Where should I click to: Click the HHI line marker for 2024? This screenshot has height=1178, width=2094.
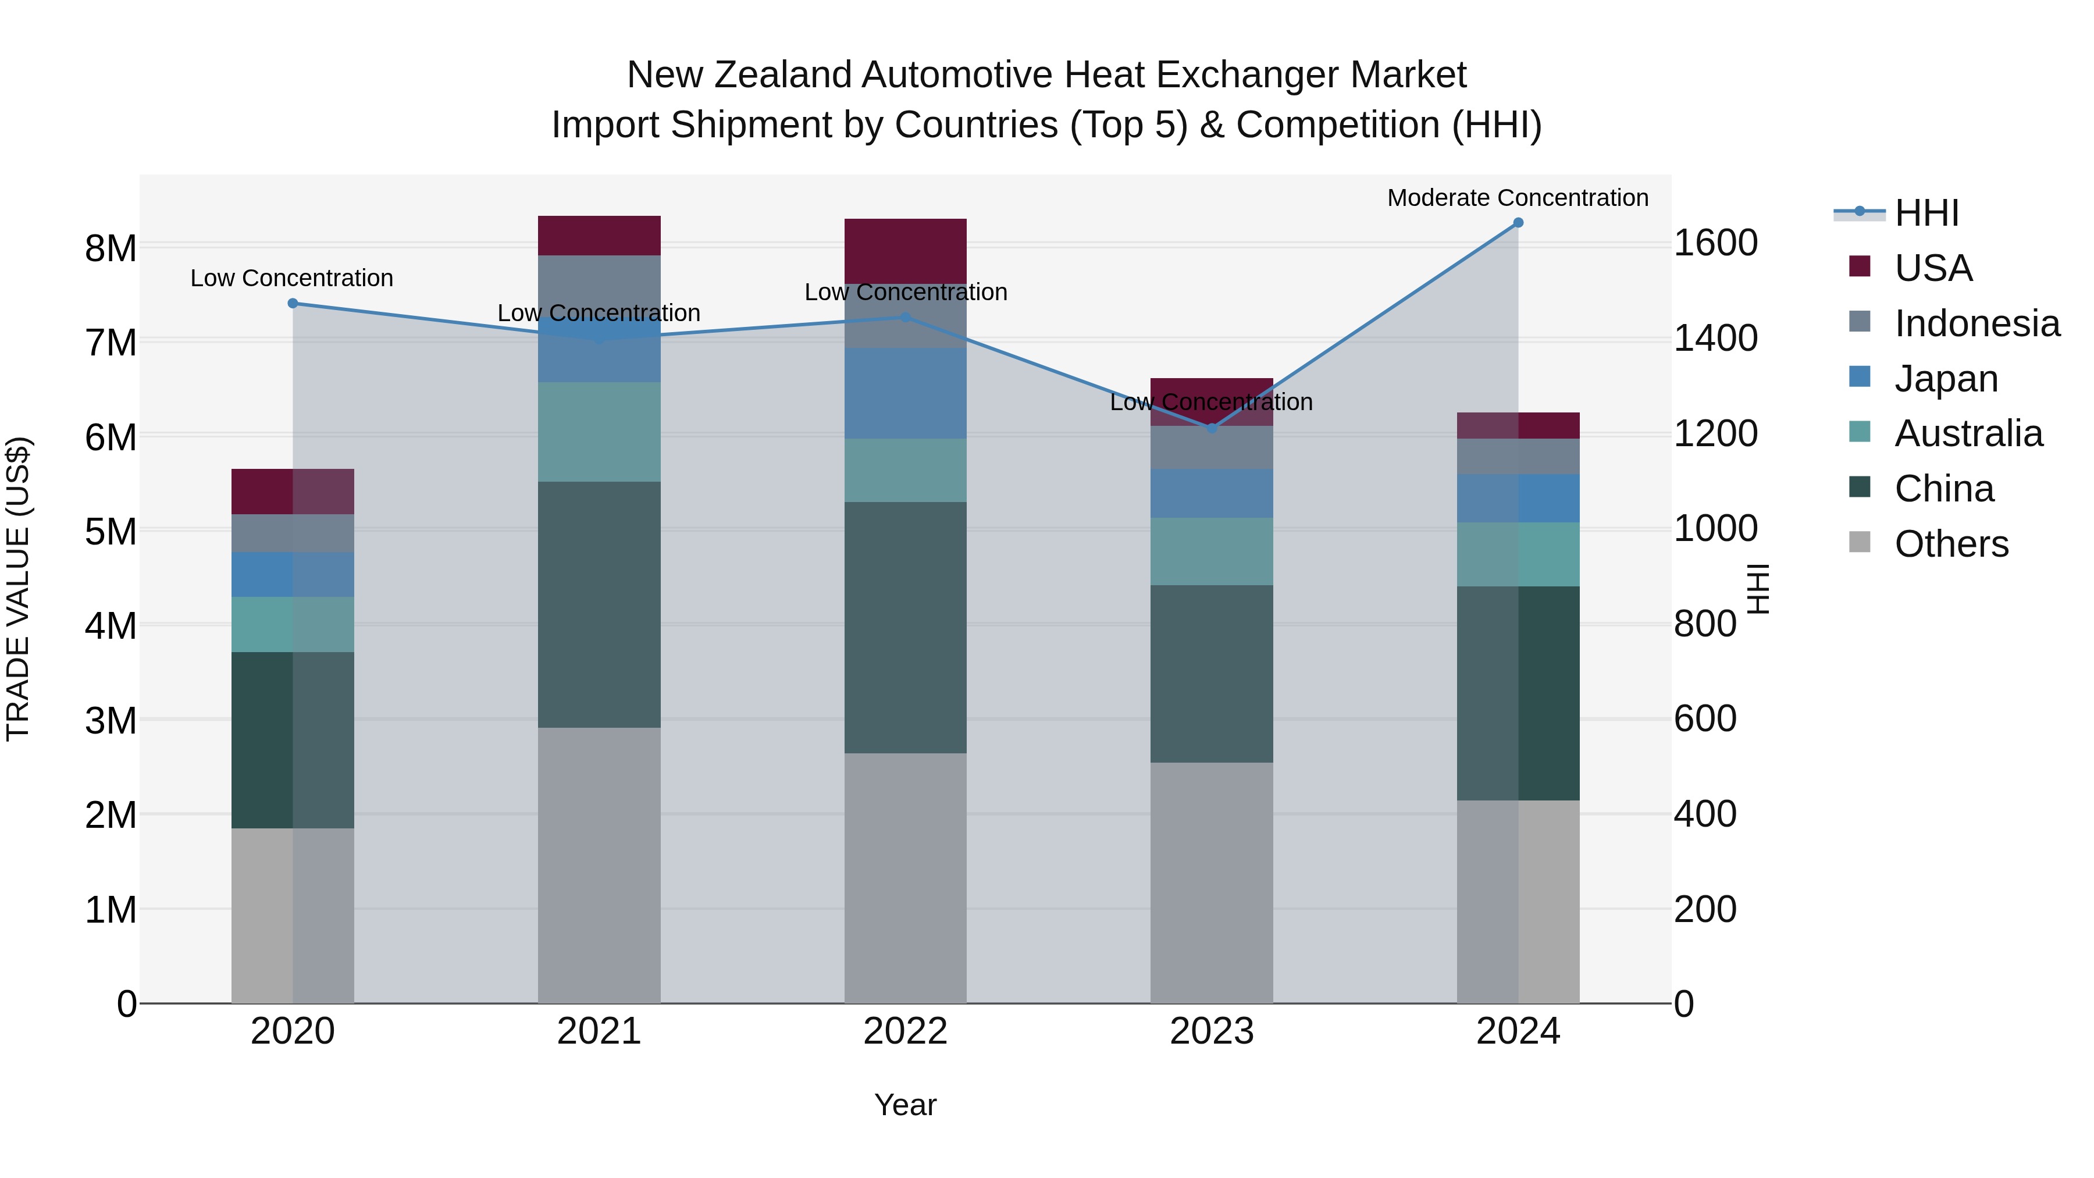(x=1518, y=223)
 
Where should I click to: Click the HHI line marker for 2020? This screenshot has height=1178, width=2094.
(x=293, y=303)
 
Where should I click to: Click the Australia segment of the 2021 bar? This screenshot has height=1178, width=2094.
(x=599, y=432)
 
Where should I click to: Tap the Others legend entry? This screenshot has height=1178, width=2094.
(x=1950, y=544)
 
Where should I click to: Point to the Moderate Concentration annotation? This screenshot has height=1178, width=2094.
(x=1517, y=198)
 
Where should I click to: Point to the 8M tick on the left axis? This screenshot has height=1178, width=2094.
(x=111, y=248)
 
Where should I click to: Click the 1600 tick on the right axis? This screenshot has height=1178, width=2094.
(x=1715, y=243)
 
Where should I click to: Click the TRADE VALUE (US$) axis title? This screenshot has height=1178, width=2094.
(x=18, y=589)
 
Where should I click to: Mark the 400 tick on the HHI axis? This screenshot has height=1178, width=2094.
(x=1705, y=814)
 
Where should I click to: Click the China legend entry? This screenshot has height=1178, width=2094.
(x=1943, y=489)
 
